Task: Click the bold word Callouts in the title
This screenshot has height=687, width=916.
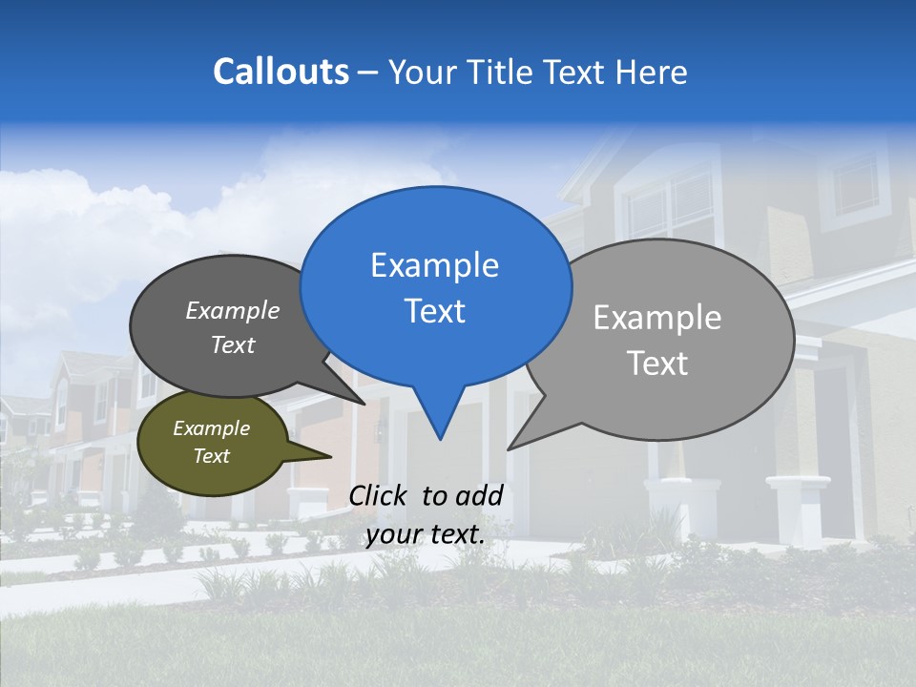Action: pos(281,72)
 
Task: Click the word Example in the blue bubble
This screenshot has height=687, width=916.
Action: pos(434,265)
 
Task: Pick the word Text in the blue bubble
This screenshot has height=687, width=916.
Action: pos(434,311)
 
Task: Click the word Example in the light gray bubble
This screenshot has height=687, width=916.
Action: pos(657,318)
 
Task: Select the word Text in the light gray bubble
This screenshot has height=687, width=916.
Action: pos(657,364)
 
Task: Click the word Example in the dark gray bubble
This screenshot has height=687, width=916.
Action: pos(233,310)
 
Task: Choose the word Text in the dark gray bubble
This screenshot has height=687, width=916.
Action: pos(233,344)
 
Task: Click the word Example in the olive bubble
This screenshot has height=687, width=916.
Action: pos(212,428)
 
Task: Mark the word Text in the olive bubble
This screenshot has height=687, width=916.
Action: pos(212,456)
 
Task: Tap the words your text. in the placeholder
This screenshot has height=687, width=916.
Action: pos(426,534)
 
